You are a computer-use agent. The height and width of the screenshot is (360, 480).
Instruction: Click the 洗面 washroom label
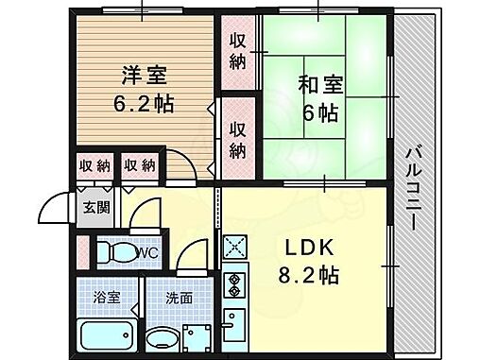point(167,298)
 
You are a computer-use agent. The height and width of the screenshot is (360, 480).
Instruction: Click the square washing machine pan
point(199,336)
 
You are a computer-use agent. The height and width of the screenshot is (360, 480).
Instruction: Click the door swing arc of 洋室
point(186,163)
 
